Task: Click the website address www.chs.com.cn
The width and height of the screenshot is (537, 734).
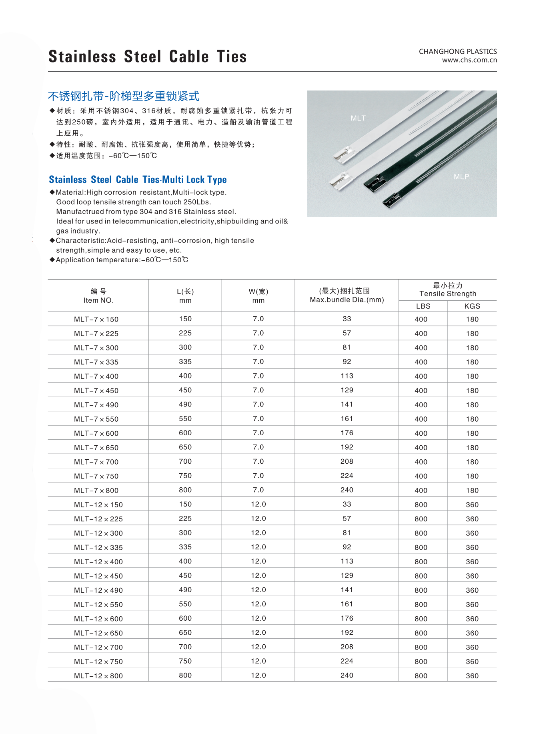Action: coord(469,60)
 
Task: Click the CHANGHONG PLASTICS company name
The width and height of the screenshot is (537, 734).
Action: coord(457,52)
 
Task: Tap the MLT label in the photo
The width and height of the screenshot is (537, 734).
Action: coord(358,118)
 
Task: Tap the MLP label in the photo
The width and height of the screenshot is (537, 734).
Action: coord(461,177)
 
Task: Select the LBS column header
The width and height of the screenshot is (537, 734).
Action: coord(423,306)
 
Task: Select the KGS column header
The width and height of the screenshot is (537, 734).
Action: coord(472,306)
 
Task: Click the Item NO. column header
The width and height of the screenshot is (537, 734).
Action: coord(98,300)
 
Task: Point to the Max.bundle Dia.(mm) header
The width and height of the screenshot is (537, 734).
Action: coord(347,300)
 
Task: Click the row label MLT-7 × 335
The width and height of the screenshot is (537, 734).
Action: coord(96,362)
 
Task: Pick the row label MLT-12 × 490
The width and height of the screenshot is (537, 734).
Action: coord(98,590)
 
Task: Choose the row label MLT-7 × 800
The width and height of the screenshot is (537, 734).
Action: coord(96,491)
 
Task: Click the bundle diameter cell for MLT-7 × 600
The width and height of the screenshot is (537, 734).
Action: coord(347,433)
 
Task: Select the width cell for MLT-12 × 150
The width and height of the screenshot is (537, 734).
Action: coord(258,504)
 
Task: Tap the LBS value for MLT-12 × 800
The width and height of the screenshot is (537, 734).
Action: coord(421,676)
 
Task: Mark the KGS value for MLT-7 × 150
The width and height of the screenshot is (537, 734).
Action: coord(472,319)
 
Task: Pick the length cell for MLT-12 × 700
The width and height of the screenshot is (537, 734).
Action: coord(185,647)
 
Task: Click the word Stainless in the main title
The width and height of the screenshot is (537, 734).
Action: coord(82,57)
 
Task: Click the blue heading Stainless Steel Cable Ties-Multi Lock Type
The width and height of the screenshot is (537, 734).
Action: coord(138,179)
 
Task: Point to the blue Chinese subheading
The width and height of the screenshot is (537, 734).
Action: coord(124,96)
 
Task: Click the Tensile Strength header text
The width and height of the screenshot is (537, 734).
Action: coord(448,294)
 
